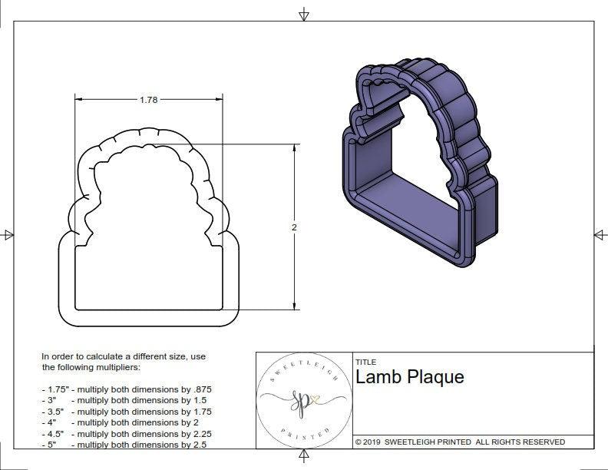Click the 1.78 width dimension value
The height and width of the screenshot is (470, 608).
[149, 100]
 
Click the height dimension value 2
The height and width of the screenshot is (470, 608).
[294, 228]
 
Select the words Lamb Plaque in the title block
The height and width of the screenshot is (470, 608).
[409, 377]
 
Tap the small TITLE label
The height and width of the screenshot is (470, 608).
[365, 362]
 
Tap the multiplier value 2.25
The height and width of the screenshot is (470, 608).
[197, 433]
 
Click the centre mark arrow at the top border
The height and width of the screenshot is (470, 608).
[304, 14]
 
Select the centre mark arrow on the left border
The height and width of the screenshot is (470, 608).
[8, 235]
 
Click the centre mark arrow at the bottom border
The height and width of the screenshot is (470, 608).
[305, 457]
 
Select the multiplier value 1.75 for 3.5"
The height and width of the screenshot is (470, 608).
[197, 412]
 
